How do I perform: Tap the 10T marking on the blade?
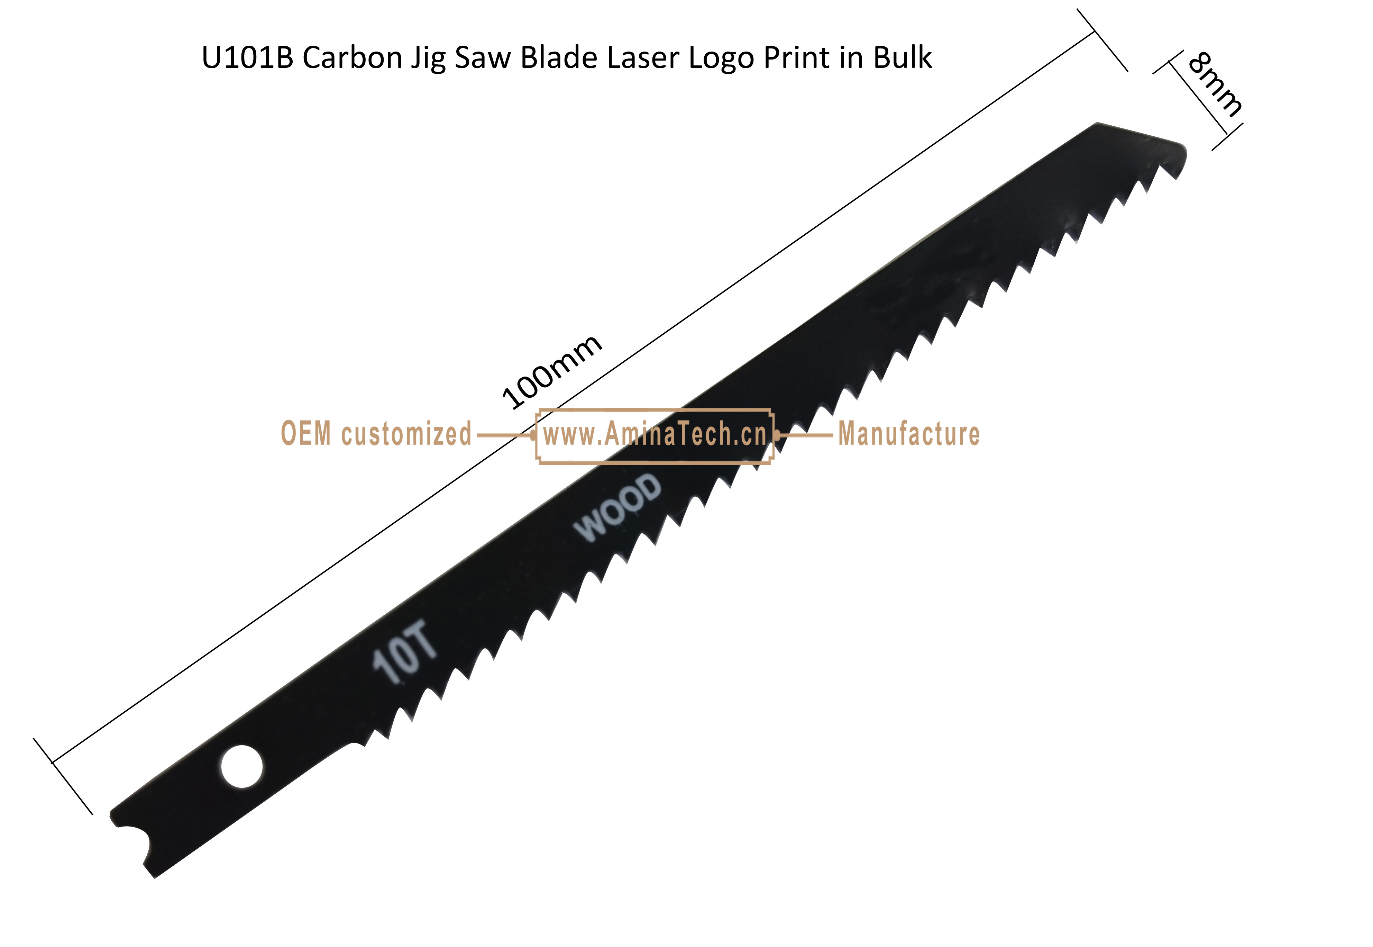coord(404,651)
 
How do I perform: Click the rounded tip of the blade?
coord(1181,155)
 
